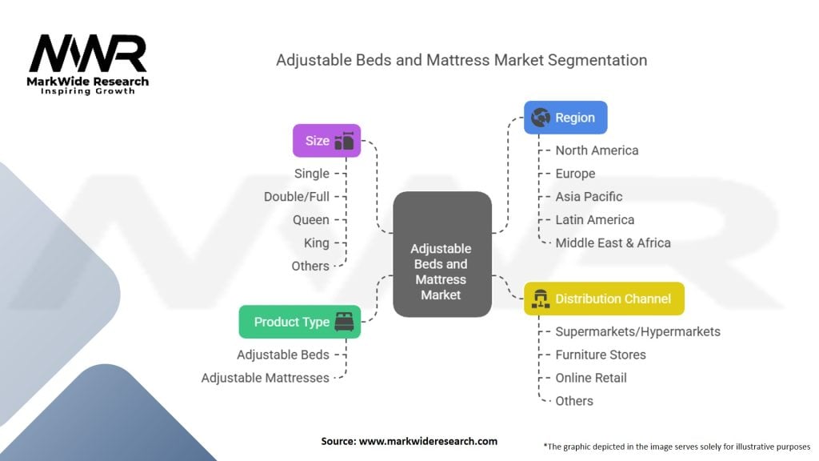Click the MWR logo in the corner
pos(88,62)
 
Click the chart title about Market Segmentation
pos(461,60)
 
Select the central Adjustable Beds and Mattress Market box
pos(441,254)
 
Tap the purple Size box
pos(326,141)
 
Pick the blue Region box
pos(565,118)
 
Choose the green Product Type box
pos(299,322)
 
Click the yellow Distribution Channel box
pos(603,299)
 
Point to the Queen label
pos(310,219)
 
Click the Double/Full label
pos(296,196)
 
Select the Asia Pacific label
pos(589,196)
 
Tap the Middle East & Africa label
pos(613,243)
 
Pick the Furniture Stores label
pos(601,355)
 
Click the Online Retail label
pos(591,378)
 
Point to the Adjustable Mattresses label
pos(265,378)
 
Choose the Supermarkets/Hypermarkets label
pos(637,331)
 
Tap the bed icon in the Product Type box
pos(344,322)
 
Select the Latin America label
pos(594,219)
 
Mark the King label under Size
pos(316,243)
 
